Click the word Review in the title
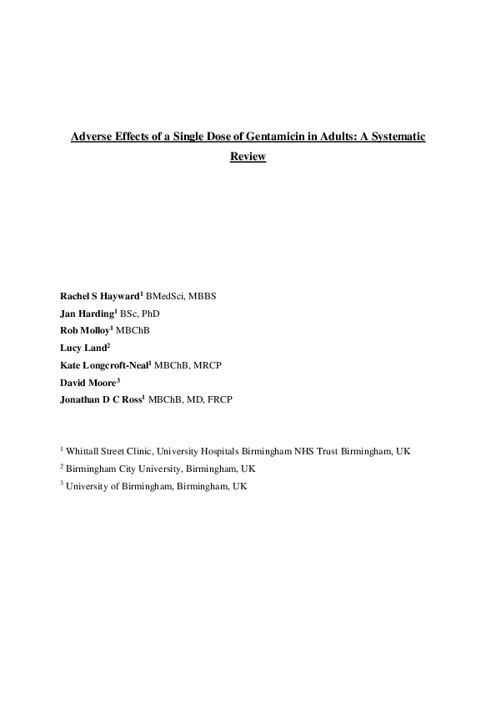click(248, 156)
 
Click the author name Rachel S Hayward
click(100, 296)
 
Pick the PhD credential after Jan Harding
click(148, 313)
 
